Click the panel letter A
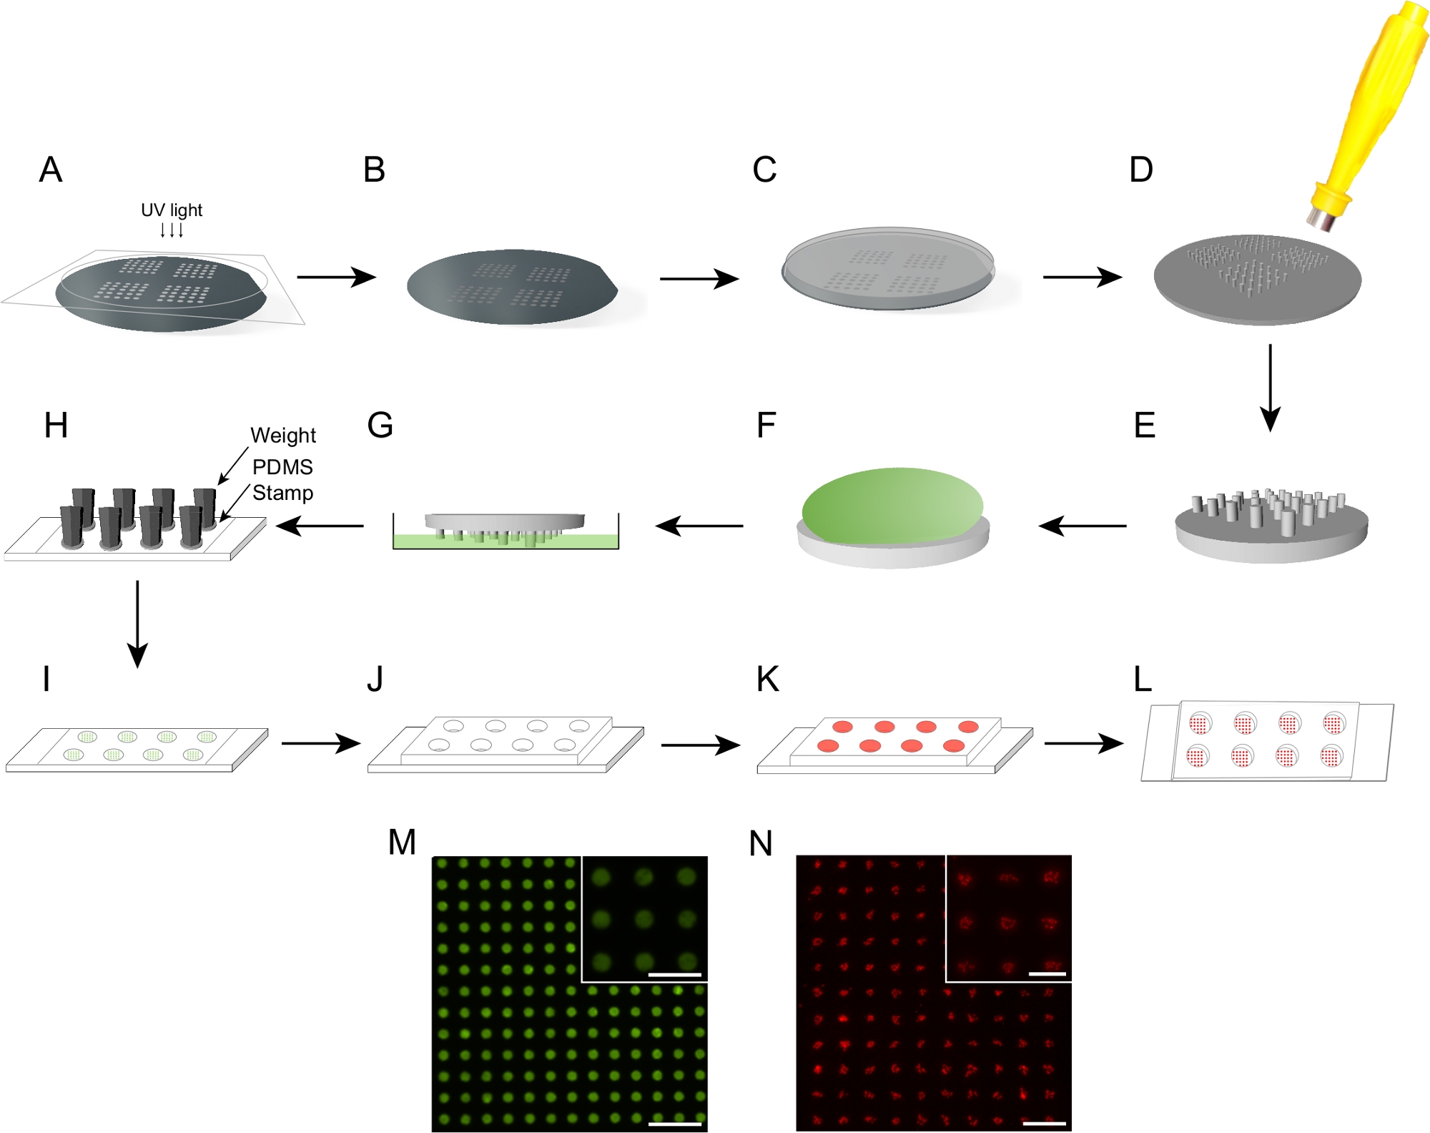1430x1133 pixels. pos(51,170)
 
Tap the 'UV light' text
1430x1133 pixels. pos(172,210)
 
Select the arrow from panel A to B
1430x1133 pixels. pos(336,277)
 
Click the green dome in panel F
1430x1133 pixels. pos(892,504)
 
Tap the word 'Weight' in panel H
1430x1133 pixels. pos(283,435)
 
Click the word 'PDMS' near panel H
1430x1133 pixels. pos(282,467)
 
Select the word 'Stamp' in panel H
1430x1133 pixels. pos(282,493)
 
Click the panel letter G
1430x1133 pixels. pos(380,426)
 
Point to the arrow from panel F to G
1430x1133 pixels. pos(699,526)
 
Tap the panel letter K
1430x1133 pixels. pos(768,680)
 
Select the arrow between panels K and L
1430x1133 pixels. pos(1083,744)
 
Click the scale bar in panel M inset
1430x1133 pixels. pos(674,974)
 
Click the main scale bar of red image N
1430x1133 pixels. pos(1045,1123)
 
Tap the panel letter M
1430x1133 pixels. pos(402,843)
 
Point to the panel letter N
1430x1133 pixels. pos(761,844)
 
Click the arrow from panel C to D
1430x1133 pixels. pos(1083,277)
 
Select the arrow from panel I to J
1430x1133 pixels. pos(320,744)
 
